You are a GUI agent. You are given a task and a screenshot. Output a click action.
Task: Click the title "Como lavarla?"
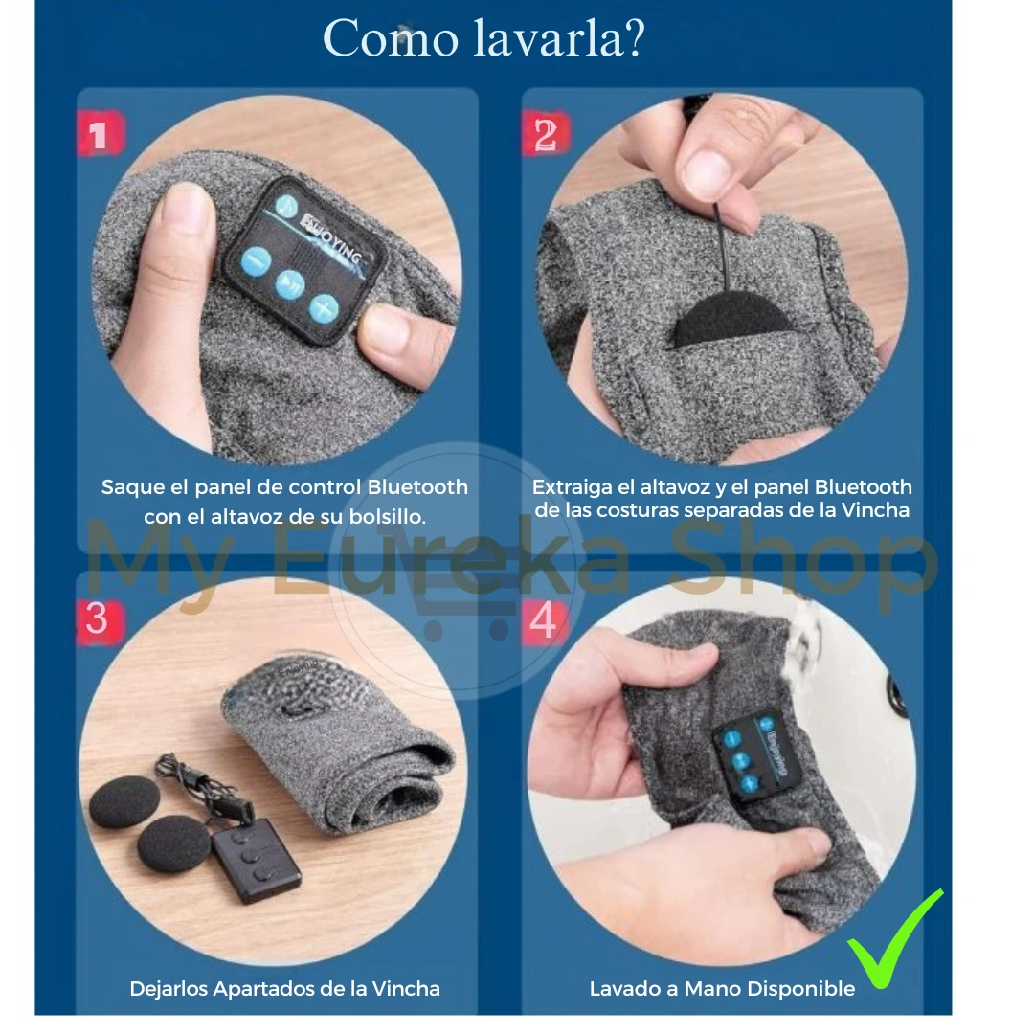tap(483, 38)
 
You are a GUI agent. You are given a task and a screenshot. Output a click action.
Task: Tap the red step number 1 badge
tap(101, 134)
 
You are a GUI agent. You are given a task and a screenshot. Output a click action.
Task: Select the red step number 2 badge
tap(546, 134)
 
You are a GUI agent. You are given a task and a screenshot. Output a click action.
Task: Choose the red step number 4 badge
tap(545, 620)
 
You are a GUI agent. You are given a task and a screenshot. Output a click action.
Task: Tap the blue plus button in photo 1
tap(324, 308)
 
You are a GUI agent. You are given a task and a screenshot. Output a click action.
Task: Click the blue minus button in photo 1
tap(256, 261)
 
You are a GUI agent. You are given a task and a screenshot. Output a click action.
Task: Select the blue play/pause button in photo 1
tap(289, 285)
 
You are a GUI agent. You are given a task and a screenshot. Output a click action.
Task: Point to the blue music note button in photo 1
tap(286, 207)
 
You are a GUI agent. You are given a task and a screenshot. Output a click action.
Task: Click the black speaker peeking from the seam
tap(730, 319)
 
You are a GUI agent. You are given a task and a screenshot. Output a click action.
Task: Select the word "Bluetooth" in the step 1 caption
tap(417, 487)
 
